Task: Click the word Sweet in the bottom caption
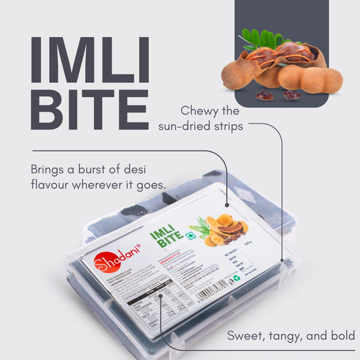click(x=243, y=335)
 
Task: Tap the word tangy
click(x=284, y=336)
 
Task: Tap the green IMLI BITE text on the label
click(x=167, y=237)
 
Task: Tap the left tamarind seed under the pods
click(x=265, y=95)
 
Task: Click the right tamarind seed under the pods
click(x=292, y=95)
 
